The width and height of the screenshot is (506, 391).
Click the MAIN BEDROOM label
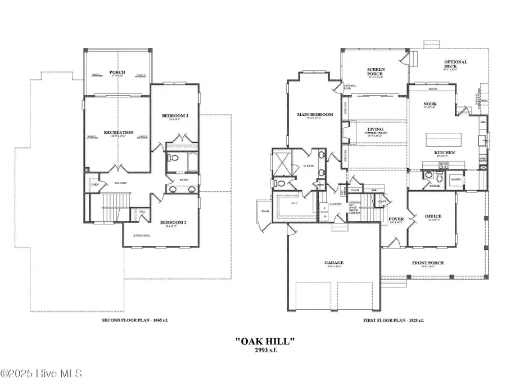[x=315, y=115]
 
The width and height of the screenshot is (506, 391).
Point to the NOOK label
[x=430, y=104]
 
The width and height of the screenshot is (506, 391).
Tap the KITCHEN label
[x=444, y=152]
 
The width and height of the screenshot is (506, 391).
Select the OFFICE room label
[x=433, y=216]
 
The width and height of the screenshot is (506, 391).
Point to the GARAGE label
[x=333, y=262]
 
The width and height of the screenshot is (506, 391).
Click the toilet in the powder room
[x=440, y=178]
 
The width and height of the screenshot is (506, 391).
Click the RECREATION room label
[x=118, y=132]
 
